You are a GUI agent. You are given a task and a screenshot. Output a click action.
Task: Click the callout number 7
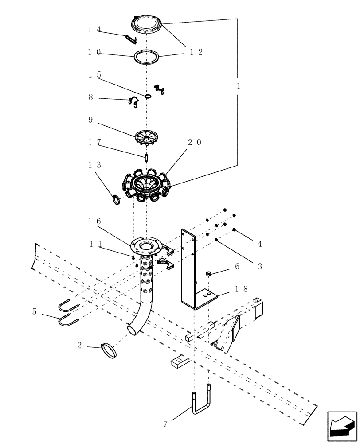(165, 425)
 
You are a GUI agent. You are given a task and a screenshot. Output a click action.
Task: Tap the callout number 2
(79, 346)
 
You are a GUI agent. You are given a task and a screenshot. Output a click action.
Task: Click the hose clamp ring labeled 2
(109, 350)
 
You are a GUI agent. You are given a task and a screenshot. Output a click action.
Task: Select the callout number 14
(94, 30)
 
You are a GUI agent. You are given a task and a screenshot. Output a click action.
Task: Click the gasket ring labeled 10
(147, 57)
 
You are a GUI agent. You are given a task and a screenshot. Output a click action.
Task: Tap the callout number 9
(90, 120)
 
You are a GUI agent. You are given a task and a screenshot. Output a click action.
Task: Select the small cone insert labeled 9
(146, 136)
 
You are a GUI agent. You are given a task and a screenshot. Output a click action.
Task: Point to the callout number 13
(94, 165)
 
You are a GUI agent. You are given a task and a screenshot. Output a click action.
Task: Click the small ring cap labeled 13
(116, 200)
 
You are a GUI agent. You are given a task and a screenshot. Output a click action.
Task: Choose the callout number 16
(94, 221)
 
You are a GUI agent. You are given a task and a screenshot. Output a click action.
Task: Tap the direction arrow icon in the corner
(342, 427)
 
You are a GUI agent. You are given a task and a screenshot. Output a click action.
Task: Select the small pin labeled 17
(146, 157)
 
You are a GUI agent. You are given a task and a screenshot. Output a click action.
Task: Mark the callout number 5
(34, 311)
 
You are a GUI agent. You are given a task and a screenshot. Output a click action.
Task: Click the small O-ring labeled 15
(148, 96)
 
